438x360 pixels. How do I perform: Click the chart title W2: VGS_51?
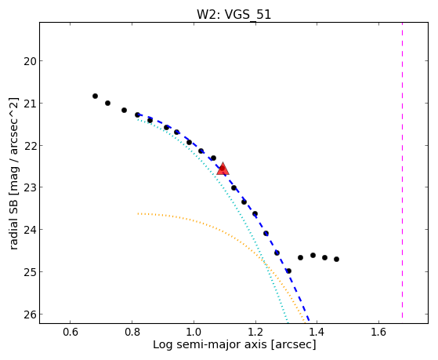click(x=233, y=14)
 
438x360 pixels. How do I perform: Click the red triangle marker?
click(x=223, y=169)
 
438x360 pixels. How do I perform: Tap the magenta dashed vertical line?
click(x=402, y=170)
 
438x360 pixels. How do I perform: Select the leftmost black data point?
click(x=95, y=96)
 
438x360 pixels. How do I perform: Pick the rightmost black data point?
click(x=337, y=260)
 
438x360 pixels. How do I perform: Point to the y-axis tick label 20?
click(x=30, y=61)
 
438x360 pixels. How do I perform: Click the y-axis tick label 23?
click(x=30, y=187)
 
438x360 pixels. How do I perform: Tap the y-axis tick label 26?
click(x=30, y=315)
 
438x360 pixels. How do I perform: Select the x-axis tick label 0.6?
click(x=70, y=332)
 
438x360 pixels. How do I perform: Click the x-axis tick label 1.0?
click(x=194, y=332)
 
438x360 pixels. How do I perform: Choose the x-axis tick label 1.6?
click(x=378, y=332)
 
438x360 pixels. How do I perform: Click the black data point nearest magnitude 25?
click(x=289, y=271)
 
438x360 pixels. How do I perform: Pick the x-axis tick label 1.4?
click(x=317, y=332)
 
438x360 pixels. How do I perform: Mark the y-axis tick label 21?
click(x=30, y=104)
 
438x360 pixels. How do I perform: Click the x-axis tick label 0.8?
click(x=132, y=332)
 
